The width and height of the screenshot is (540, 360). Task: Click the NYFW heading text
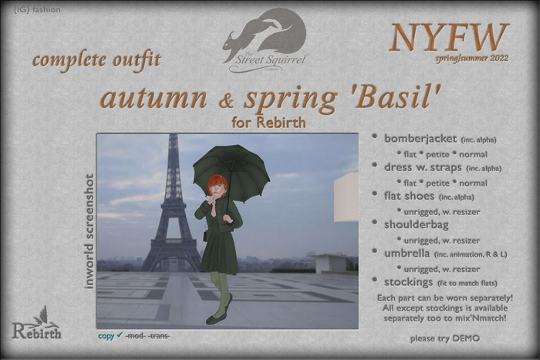pyautogui.click(x=449, y=37)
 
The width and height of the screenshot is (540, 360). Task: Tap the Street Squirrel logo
pyautogui.click(x=265, y=39)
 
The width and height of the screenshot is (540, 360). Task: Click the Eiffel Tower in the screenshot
pyautogui.click(x=172, y=208)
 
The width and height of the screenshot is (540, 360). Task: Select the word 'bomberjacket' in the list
pyautogui.click(x=420, y=139)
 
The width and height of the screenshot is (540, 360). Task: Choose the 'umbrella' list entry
pyautogui.click(x=408, y=251)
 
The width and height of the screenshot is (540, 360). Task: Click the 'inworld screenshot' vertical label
pyautogui.click(x=88, y=230)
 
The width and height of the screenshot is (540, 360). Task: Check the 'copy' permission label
pyautogui.click(x=106, y=336)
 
